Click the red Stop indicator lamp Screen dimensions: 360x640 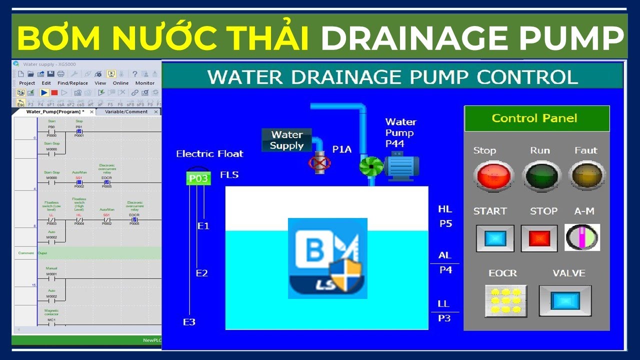click(493, 176)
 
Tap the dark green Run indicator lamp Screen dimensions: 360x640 click(541, 176)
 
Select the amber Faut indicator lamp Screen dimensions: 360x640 click(587, 176)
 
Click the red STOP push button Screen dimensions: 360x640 click(539, 238)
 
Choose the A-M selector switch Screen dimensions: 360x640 click(582, 237)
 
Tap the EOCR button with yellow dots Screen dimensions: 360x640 click(505, 300)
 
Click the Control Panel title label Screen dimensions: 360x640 click(536, 118)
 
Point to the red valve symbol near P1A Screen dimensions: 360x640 click(319, 163)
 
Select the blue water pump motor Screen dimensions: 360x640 click(401, 166)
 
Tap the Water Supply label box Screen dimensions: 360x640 click(287, 140)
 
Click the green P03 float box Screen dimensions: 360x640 click(198, 178)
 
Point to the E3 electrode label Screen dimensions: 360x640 click(189, 322)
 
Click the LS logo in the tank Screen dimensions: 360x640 click(327, 258)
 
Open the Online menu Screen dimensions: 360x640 click(120, 83)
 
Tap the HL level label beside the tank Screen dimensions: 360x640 click(444, 209)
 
